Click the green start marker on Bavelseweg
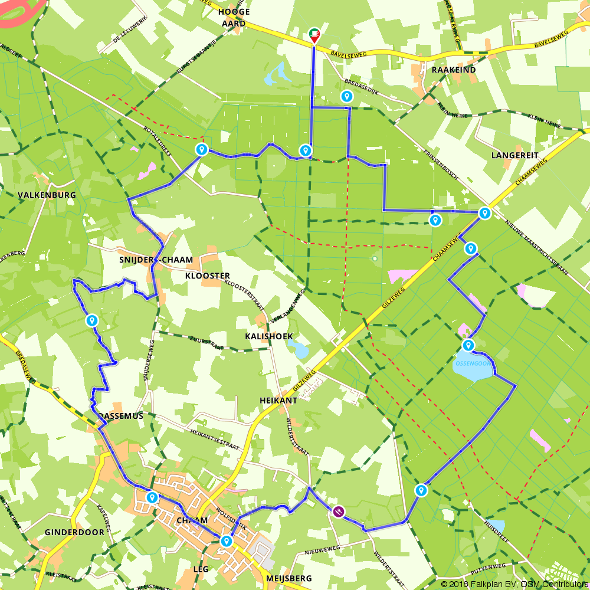(x=314, y=35)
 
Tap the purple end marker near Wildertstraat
(x=338, y=511)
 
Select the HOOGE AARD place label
(x=234, y=17)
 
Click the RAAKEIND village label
(x=453, y=70)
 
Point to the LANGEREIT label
(x=514, y=155)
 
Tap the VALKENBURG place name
(x=47, y=195)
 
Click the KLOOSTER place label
(x=207, y=276)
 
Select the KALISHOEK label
(x=269, y=336)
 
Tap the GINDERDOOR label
(x=74, y=532)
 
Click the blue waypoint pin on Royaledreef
(x=202, y=149)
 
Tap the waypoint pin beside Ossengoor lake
(x=468, y=345)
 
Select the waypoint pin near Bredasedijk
(x=347, y=96)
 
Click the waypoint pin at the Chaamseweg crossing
(x=484, y=213)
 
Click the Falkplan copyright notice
(x=514, y=584)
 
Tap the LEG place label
(x=201, y=569)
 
